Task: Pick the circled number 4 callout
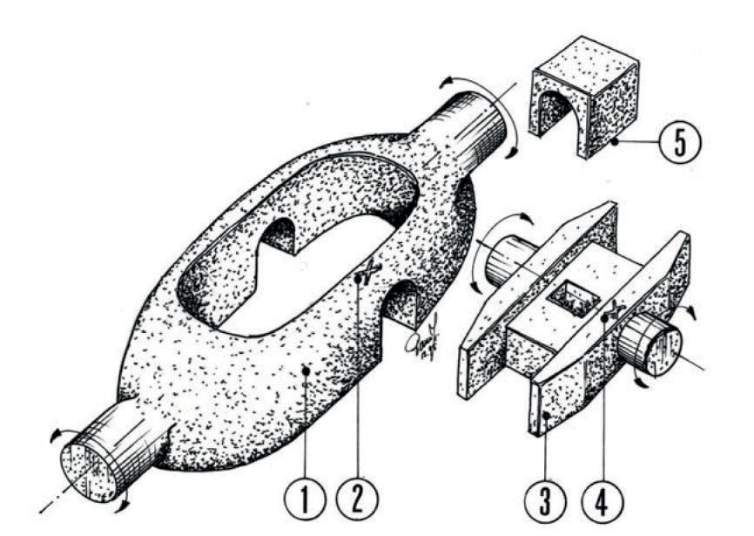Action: (x=603, y=503)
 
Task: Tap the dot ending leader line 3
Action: (x=543, y=419)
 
